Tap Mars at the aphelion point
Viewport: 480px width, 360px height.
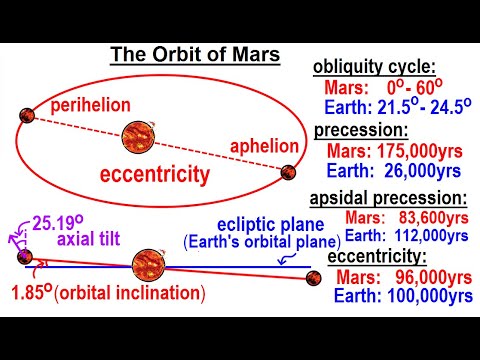288,172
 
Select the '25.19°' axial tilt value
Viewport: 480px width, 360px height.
60,221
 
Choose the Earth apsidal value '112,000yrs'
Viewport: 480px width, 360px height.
428,236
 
